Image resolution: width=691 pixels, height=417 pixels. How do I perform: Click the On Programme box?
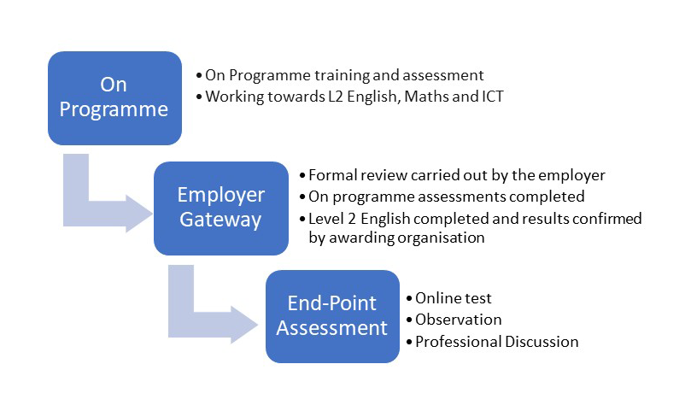(114, 98)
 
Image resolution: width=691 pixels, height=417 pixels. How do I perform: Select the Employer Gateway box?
(220, 208)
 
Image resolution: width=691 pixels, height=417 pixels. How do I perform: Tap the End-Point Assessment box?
(332, 316)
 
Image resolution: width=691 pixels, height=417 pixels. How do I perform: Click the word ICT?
(492, 97)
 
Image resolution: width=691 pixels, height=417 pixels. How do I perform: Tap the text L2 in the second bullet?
(335, 97)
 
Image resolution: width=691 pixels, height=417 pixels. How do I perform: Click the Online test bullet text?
(453, 298)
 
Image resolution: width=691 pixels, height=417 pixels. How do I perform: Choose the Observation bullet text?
(459, 319)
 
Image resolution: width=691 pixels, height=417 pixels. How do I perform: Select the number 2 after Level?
(351, 219)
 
